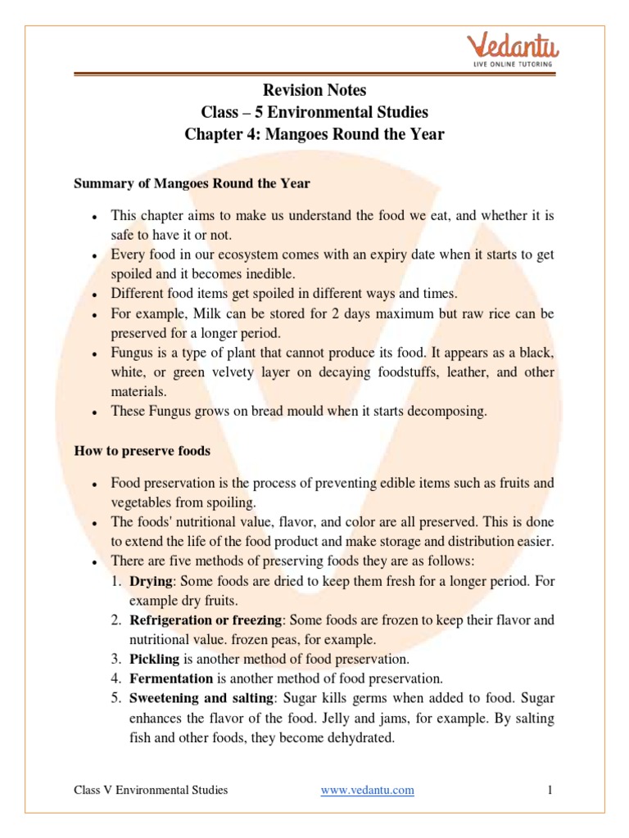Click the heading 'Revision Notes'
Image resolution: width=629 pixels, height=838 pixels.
(x=314, y=90)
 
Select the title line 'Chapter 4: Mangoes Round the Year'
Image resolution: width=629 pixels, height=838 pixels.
(x=314, y=133)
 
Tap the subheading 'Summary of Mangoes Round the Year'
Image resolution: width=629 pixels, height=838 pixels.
(x=192, y=183)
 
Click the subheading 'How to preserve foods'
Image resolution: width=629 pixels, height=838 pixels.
(x=142, y=450)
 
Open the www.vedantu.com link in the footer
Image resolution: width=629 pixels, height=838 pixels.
(x=367, y=790)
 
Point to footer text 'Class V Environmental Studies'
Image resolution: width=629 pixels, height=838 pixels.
(x=151, y=790)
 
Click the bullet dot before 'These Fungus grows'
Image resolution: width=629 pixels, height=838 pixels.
(x=96, y=413)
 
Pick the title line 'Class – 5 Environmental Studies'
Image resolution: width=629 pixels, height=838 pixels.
(x=314, y=111)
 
